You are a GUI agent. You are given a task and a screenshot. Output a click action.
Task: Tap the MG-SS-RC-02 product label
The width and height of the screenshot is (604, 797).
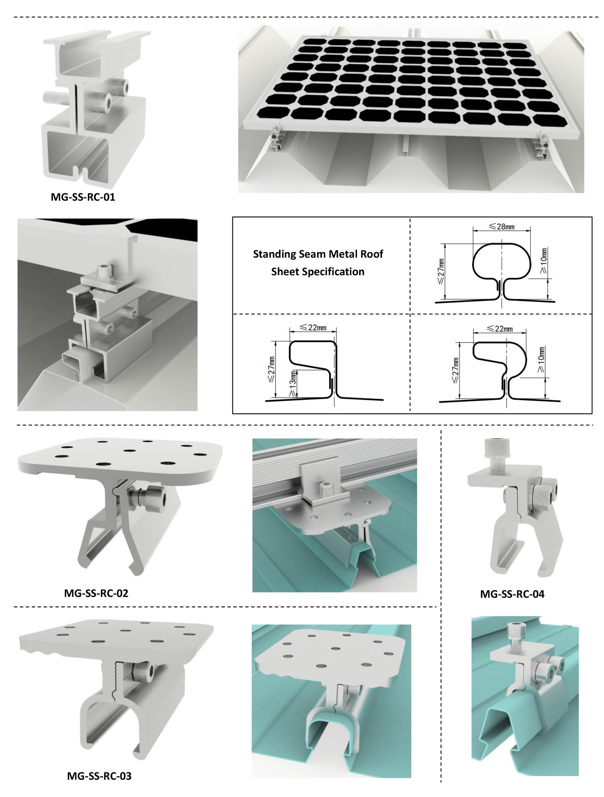96,593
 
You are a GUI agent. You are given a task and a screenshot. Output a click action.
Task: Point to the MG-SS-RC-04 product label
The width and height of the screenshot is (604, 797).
512,594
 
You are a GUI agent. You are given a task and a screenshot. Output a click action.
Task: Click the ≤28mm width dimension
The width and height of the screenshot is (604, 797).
501,226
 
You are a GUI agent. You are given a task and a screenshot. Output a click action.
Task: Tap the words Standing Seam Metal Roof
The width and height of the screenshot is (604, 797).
318,254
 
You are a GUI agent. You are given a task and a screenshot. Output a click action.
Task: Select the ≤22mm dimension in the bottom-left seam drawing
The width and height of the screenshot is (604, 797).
313,328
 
